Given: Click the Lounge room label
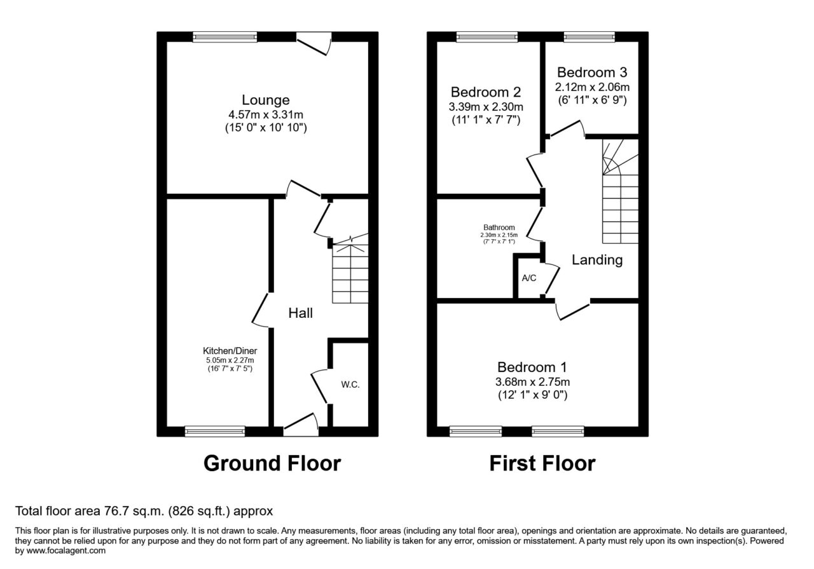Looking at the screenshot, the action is tap(266, 100).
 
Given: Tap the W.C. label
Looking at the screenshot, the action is tap(350, 385).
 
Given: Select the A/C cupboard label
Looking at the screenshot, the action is tap(529, 278).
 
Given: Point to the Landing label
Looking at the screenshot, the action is tap(597, 260).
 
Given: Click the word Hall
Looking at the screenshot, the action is tap(301, 313).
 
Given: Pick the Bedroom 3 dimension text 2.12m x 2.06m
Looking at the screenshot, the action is tap(592, 87).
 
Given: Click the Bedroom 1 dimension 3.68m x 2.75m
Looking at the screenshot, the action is tap(532, 382).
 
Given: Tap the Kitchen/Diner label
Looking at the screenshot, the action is tap(230, 351).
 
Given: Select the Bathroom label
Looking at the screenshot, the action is tap(499, 228).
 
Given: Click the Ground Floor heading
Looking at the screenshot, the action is tap(272, 463).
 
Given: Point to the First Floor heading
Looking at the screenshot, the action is tap(542, 463).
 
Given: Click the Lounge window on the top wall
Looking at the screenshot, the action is tap(225, 37).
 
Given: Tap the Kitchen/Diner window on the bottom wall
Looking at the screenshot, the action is tap(215, 431).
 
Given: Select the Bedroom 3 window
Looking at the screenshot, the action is tap(590, 37).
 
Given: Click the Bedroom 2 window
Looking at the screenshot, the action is tap(487, 37).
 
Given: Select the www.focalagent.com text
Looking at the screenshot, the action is tap(66, 551).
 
